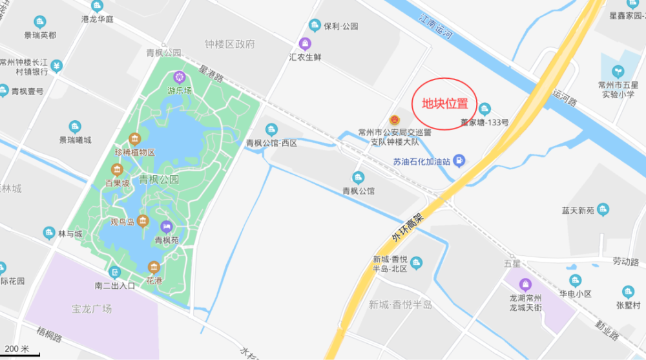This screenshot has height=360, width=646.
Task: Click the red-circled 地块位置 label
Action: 446,104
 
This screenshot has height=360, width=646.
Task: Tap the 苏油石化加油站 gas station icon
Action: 459,160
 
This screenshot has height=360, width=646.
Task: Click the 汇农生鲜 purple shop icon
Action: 306,43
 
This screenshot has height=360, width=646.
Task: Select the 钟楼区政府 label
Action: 230,45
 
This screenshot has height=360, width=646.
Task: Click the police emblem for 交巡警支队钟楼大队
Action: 394,120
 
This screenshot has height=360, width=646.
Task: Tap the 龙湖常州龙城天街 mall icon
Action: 525,284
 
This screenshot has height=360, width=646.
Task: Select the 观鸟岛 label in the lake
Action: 122,222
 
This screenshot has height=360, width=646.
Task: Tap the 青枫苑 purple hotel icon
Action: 167,226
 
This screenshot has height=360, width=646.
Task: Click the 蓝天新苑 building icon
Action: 603,209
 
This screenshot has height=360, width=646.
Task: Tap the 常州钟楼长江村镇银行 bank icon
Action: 57,65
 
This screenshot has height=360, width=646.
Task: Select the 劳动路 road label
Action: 625,262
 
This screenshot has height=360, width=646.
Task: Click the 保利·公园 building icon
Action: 315,26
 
